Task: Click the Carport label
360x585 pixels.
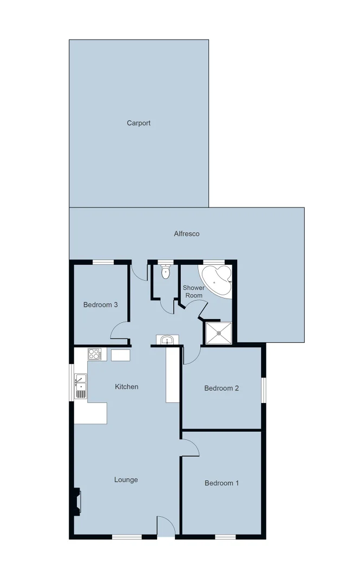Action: click(x=139, y=123)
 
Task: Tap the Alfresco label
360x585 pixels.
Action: click(x=187, y=234)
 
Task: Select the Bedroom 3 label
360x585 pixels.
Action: click(x=101, y=305)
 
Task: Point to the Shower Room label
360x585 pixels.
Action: click(x=194, y=292)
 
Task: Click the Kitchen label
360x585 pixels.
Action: click(x=127, y=387)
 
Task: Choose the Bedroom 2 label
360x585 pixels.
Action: click(x=221, y=388)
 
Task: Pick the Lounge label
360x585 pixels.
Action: click(x=126, y=480)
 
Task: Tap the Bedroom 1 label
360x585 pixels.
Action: click(x=221, y=484)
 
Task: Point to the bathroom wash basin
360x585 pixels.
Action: click(x=167, y=340)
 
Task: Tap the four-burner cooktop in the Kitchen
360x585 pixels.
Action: click(x=95, y=355)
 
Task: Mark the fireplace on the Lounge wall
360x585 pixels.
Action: click(x=78, y=501)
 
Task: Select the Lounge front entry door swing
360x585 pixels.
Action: click(x=166, y=527)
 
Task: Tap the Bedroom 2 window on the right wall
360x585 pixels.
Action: click(x=264, y=390)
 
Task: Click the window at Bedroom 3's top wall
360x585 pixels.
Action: click(x=103, y=263)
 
